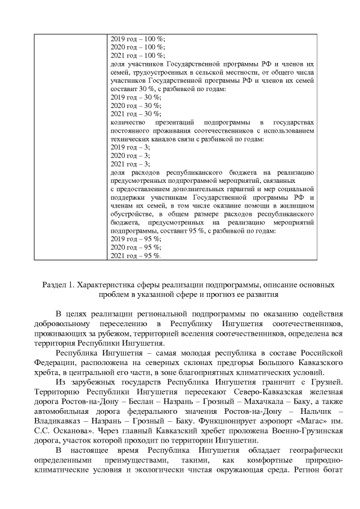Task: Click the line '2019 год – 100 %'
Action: coord(137,39)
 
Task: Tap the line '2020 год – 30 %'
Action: coord(136,106)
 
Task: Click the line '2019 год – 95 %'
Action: coord(136,239)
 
